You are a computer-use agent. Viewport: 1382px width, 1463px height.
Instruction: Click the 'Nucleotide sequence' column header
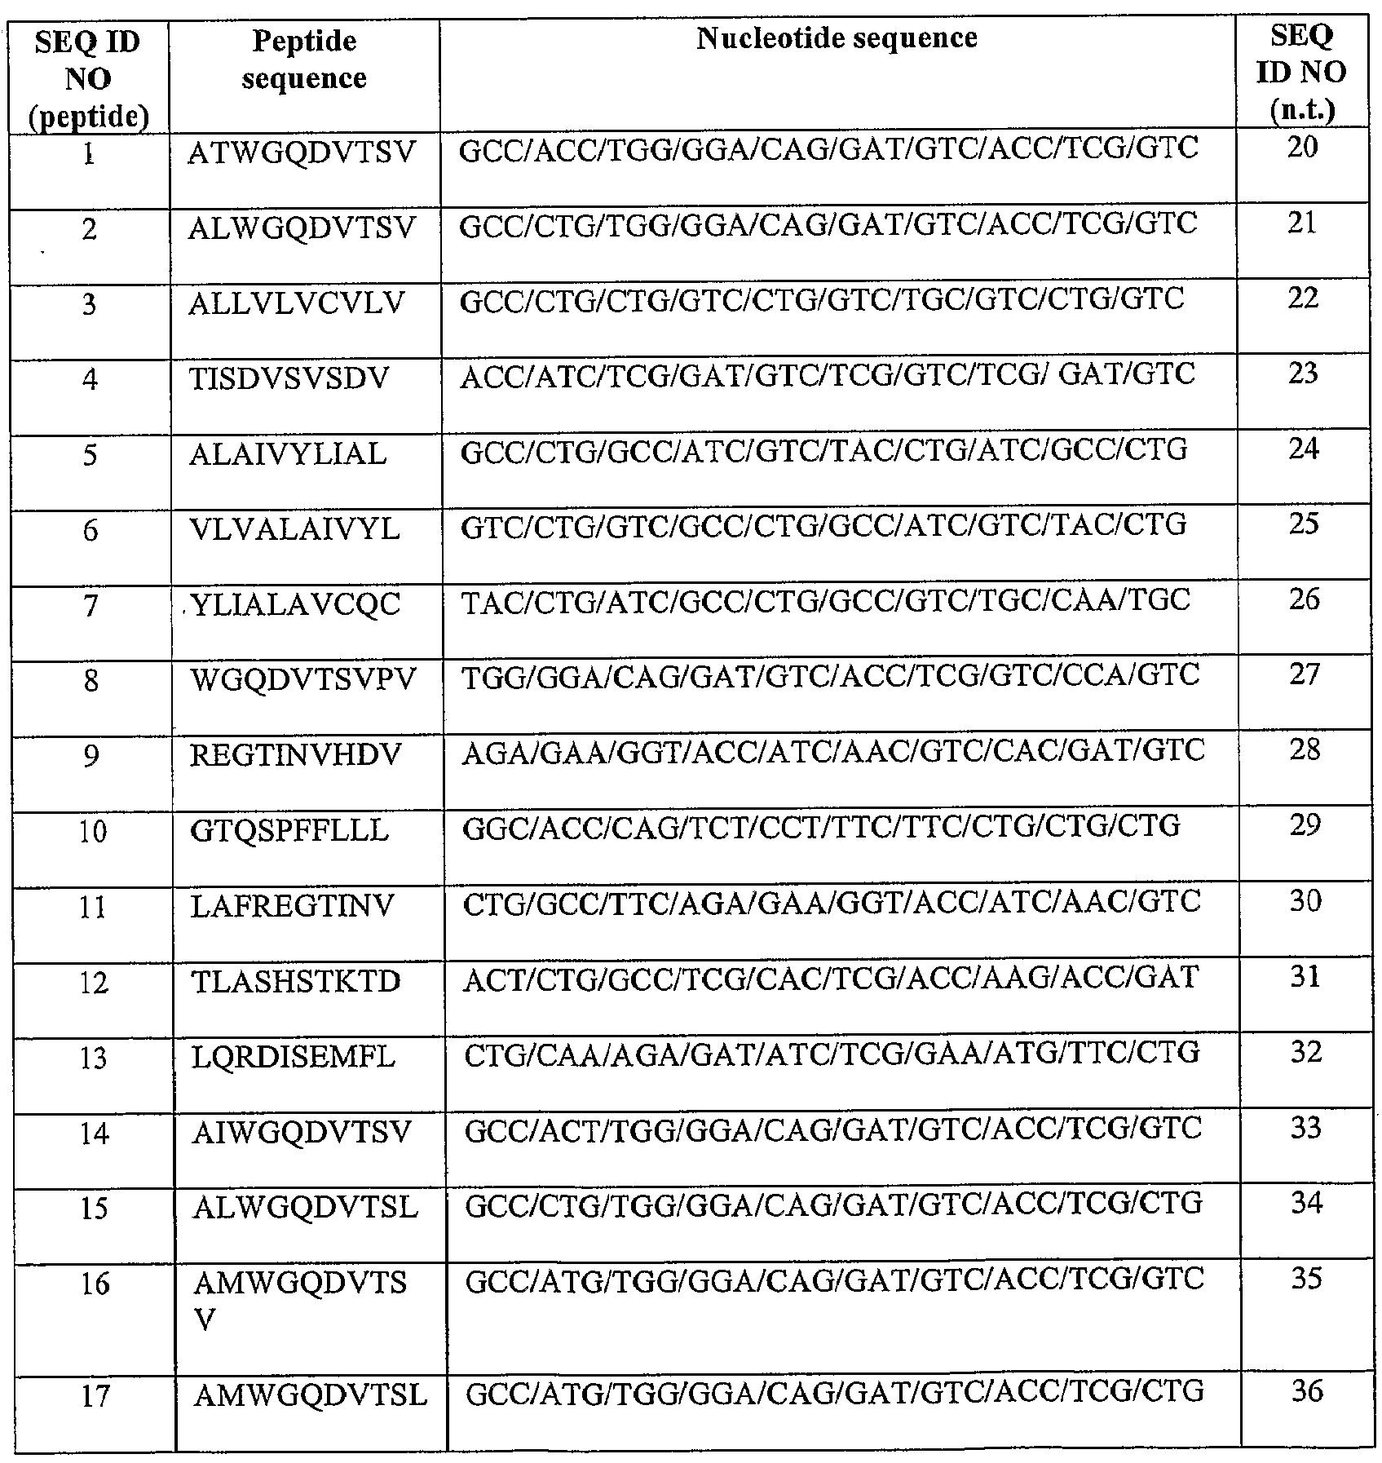click(x=837, y=38)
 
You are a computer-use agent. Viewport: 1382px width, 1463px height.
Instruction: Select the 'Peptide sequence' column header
click(x=303, y=60)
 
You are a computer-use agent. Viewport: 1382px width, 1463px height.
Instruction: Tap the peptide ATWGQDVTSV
click(x=302, y=152)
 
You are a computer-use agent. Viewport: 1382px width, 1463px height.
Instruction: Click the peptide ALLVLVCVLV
click(x=297, y=303)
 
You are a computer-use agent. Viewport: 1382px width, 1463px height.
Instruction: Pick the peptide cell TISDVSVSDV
click(x=289, y=379)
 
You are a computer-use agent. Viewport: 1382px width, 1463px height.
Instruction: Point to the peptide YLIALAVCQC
click(x=295, y=604)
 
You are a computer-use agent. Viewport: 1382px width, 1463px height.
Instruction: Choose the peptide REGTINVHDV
click(x=296, y=755)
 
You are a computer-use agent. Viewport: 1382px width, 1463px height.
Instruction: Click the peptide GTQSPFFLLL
click(x=289, y=831)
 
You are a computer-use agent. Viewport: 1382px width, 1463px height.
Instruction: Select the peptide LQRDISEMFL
click(x=294, y=1058)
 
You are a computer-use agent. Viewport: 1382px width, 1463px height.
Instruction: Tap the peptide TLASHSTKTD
click(x=296, y=982)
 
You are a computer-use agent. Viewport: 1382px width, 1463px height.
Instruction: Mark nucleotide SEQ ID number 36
click(x=1306, y=1390)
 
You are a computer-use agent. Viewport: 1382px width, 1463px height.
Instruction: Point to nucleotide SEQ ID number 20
click(x=1302, y=148)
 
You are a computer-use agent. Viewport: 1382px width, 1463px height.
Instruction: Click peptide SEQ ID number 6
click(x=91, y=531)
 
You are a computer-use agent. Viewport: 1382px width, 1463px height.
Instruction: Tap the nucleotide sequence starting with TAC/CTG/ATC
click(x=825, y=601)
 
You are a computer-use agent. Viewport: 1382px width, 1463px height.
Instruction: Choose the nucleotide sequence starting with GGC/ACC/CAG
click(x=821, y=827)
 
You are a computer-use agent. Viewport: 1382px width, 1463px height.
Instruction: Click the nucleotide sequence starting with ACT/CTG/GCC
click(x=830, y=978)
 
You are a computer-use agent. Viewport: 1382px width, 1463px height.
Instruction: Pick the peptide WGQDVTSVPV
click(x=302, y=679)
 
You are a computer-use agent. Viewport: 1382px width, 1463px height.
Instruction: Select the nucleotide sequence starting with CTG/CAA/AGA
click(x=832, y=1053)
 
